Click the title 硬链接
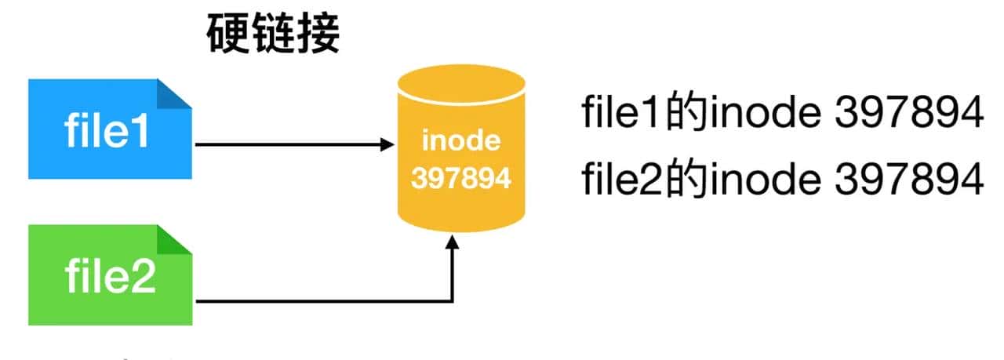pyautogui.click(x=274, y=35)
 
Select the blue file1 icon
pyautogui.click(x=109, y=129)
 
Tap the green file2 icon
pyautogui.click(x=109, y=275)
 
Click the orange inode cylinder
pyautogui.click(x=460, y=149)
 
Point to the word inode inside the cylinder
pyautogui.click(x=460, y=141)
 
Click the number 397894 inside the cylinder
pyautogui.click(x=460, y=179)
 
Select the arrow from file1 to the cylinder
pyautogui.click(x=290, y=144)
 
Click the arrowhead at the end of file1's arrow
pyautogui.click(x=386, y=144)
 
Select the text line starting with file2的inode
pyautogui.click(x=781, y=180)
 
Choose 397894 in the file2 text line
pyautogui.click(x=908, y=180)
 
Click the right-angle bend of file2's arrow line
pyautogui.click(x=453, y=300)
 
